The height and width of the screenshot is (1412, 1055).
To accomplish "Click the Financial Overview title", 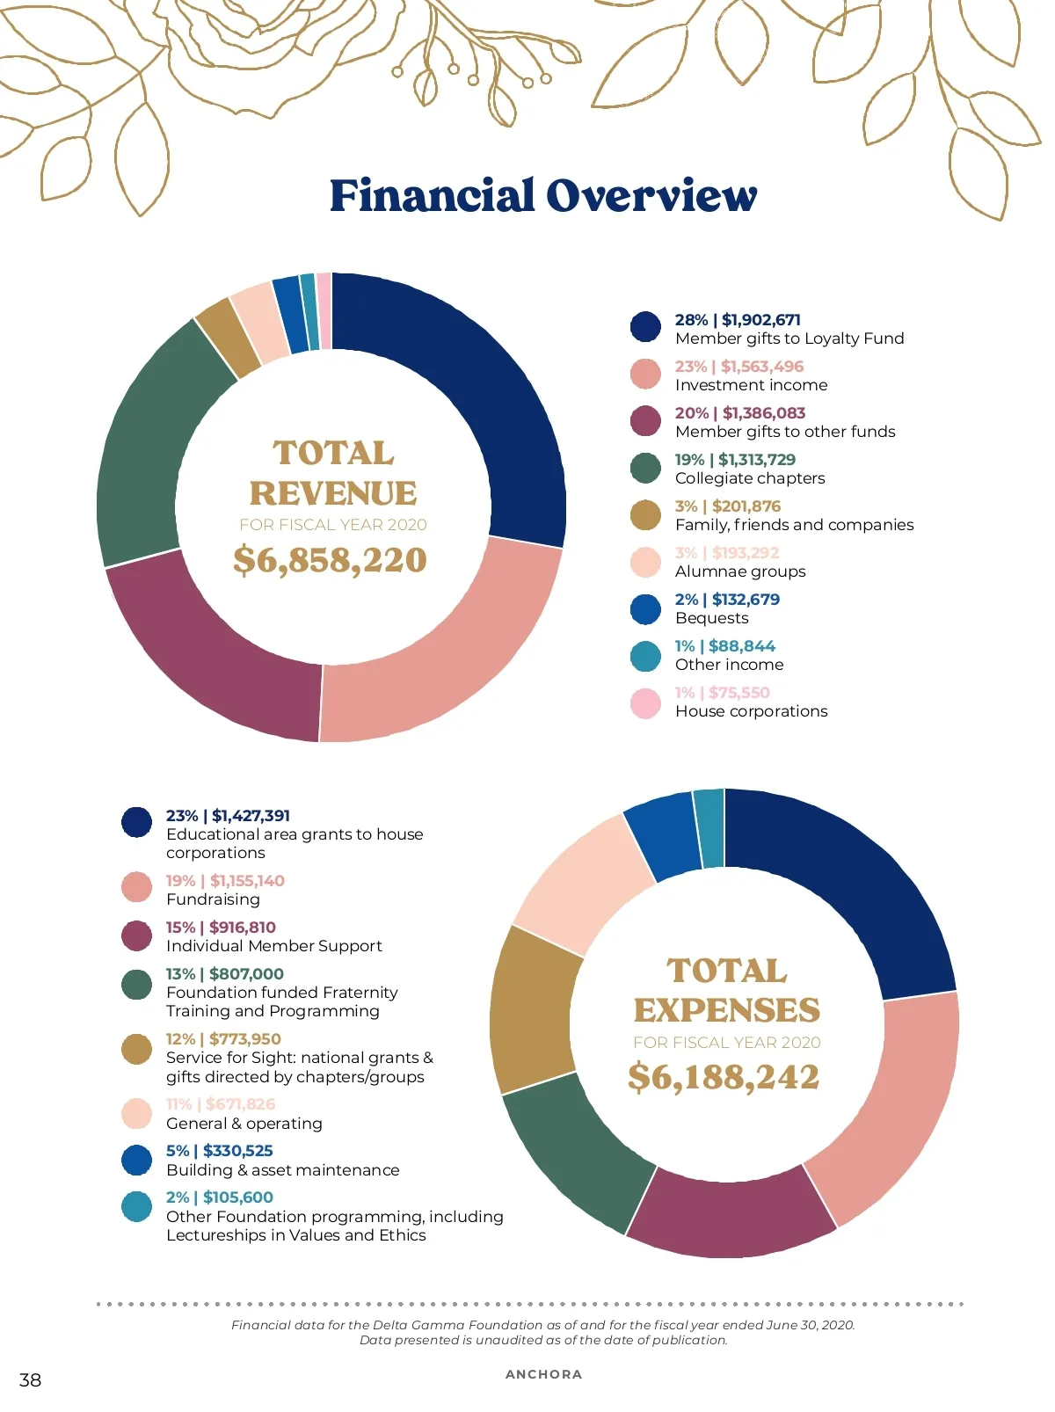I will [542, 195].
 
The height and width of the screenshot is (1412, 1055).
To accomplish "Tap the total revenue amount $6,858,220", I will [330, 560].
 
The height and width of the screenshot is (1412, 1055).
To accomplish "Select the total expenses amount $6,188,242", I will [723, 1077].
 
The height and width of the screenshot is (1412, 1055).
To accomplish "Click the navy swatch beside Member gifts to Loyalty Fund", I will [645, 327].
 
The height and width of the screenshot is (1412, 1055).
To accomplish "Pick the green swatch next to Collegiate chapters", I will [645, 468].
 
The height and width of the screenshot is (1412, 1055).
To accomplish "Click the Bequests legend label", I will [711, 618].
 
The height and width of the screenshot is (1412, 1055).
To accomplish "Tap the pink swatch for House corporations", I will [645, 702].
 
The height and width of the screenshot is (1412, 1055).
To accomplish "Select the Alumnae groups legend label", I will [740, 571].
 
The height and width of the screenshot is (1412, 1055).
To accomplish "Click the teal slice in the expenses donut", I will [709, 828].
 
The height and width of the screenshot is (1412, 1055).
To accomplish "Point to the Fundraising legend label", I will [213, 899].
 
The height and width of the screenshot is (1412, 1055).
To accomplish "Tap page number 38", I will [30, 1379].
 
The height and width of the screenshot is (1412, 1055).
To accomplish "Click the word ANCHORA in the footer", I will [543, 1374].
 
